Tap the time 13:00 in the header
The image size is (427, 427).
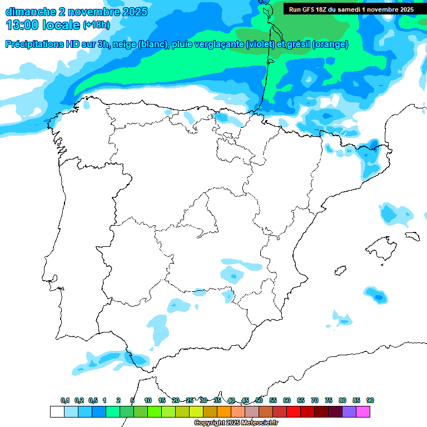pyautogui.click(x=22, y=25)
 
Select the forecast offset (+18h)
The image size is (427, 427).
pyautogui.click(x=96, y=26)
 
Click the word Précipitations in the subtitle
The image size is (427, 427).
pyautogui.click(x=33, y=44)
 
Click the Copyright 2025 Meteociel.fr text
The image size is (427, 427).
pyautogui.click(x=236, y=423)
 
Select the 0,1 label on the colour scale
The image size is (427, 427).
pyautogui.click(x=65, y=400)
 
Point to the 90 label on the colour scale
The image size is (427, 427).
pyautogui.click(x=370, y=400)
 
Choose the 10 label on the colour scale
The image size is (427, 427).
pyautogui.click(x=148, y=400)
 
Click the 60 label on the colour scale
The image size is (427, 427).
pyautogui.click(x=287, y=400)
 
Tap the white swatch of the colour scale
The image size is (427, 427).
pyautogui.click(x=57, y=411)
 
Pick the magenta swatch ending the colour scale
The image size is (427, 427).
pyautogui.click(x=363, y=411)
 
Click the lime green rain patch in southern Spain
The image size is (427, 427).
pyautogui.click(x=158, y=324)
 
